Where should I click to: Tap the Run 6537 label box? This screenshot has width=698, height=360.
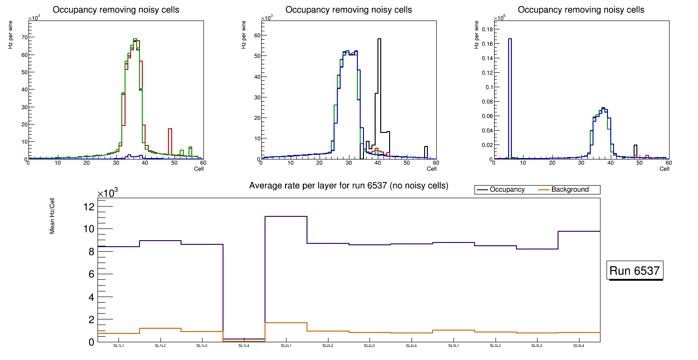pos(635,271)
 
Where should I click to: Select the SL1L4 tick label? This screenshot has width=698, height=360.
pos(244,346)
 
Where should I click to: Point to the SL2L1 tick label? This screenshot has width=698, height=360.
pos(286,346)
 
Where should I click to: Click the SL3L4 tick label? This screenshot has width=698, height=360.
pos(579,346)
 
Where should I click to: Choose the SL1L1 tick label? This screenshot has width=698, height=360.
pos(119,346)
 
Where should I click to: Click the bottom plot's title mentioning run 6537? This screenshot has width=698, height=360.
pos(349,186)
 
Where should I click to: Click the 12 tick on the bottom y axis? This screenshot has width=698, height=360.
pos(89,207)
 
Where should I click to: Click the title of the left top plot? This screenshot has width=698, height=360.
pos(116,10)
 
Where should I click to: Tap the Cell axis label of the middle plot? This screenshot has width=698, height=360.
pos(431,169)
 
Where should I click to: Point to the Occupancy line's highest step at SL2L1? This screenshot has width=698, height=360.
pos(286,216)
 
